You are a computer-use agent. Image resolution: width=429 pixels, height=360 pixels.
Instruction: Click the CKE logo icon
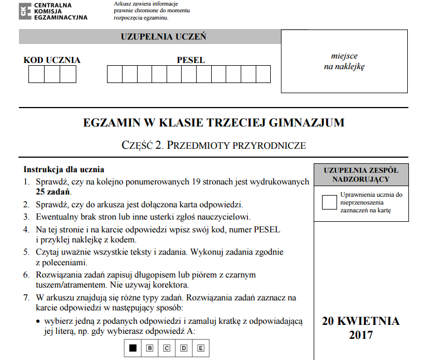pyautogui.click(x=25, y=11)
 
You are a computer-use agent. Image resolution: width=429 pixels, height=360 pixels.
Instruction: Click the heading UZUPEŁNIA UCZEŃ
pyautogui.click(x=163, y=37)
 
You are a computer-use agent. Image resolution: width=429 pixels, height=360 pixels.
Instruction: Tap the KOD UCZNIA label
pyautogui.click(x=52, y=60)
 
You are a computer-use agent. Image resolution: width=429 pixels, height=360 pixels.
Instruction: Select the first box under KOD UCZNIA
pyautogui.click(x=36, y=74)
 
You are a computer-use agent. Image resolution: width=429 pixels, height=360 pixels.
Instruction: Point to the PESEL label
pyautogui.click(x=191, y=60)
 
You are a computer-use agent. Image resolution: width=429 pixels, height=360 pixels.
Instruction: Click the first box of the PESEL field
pyautogui.click(x=114, y=74)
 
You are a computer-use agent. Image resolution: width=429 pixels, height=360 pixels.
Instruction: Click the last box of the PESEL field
pyautogui.click(x=264, y=74)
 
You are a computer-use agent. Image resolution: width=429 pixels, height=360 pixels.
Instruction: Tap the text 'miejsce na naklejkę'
pyautogui.click(x=344, y=61)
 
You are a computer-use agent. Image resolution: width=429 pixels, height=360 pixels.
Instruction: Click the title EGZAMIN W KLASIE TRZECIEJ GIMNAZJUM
pyautogui.click(x=213, y=123)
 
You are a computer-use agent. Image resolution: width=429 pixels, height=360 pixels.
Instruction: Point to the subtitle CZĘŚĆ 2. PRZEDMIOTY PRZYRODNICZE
pyautogui.click(x=213, y=145)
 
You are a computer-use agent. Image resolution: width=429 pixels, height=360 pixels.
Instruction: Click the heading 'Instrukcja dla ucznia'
pyautogui.click(x=64, y=169)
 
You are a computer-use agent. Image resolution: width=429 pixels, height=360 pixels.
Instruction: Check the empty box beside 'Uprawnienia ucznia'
pyautogui.click(x=329, y=202)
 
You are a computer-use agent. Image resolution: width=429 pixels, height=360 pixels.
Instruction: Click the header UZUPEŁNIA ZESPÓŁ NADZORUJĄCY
pyautogui.click(x=360, y=174)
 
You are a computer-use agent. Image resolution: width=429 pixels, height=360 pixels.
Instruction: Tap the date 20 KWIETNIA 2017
pyautogui.click(x=360, y=328)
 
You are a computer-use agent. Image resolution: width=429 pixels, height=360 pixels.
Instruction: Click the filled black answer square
pyautogui.click(x=133, y=349)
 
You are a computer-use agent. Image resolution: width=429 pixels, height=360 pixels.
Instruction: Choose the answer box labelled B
pyautogui.click(x=149, y=349)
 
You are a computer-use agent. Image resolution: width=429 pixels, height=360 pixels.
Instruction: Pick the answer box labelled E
pyautogui.click(x=201, y=349)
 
